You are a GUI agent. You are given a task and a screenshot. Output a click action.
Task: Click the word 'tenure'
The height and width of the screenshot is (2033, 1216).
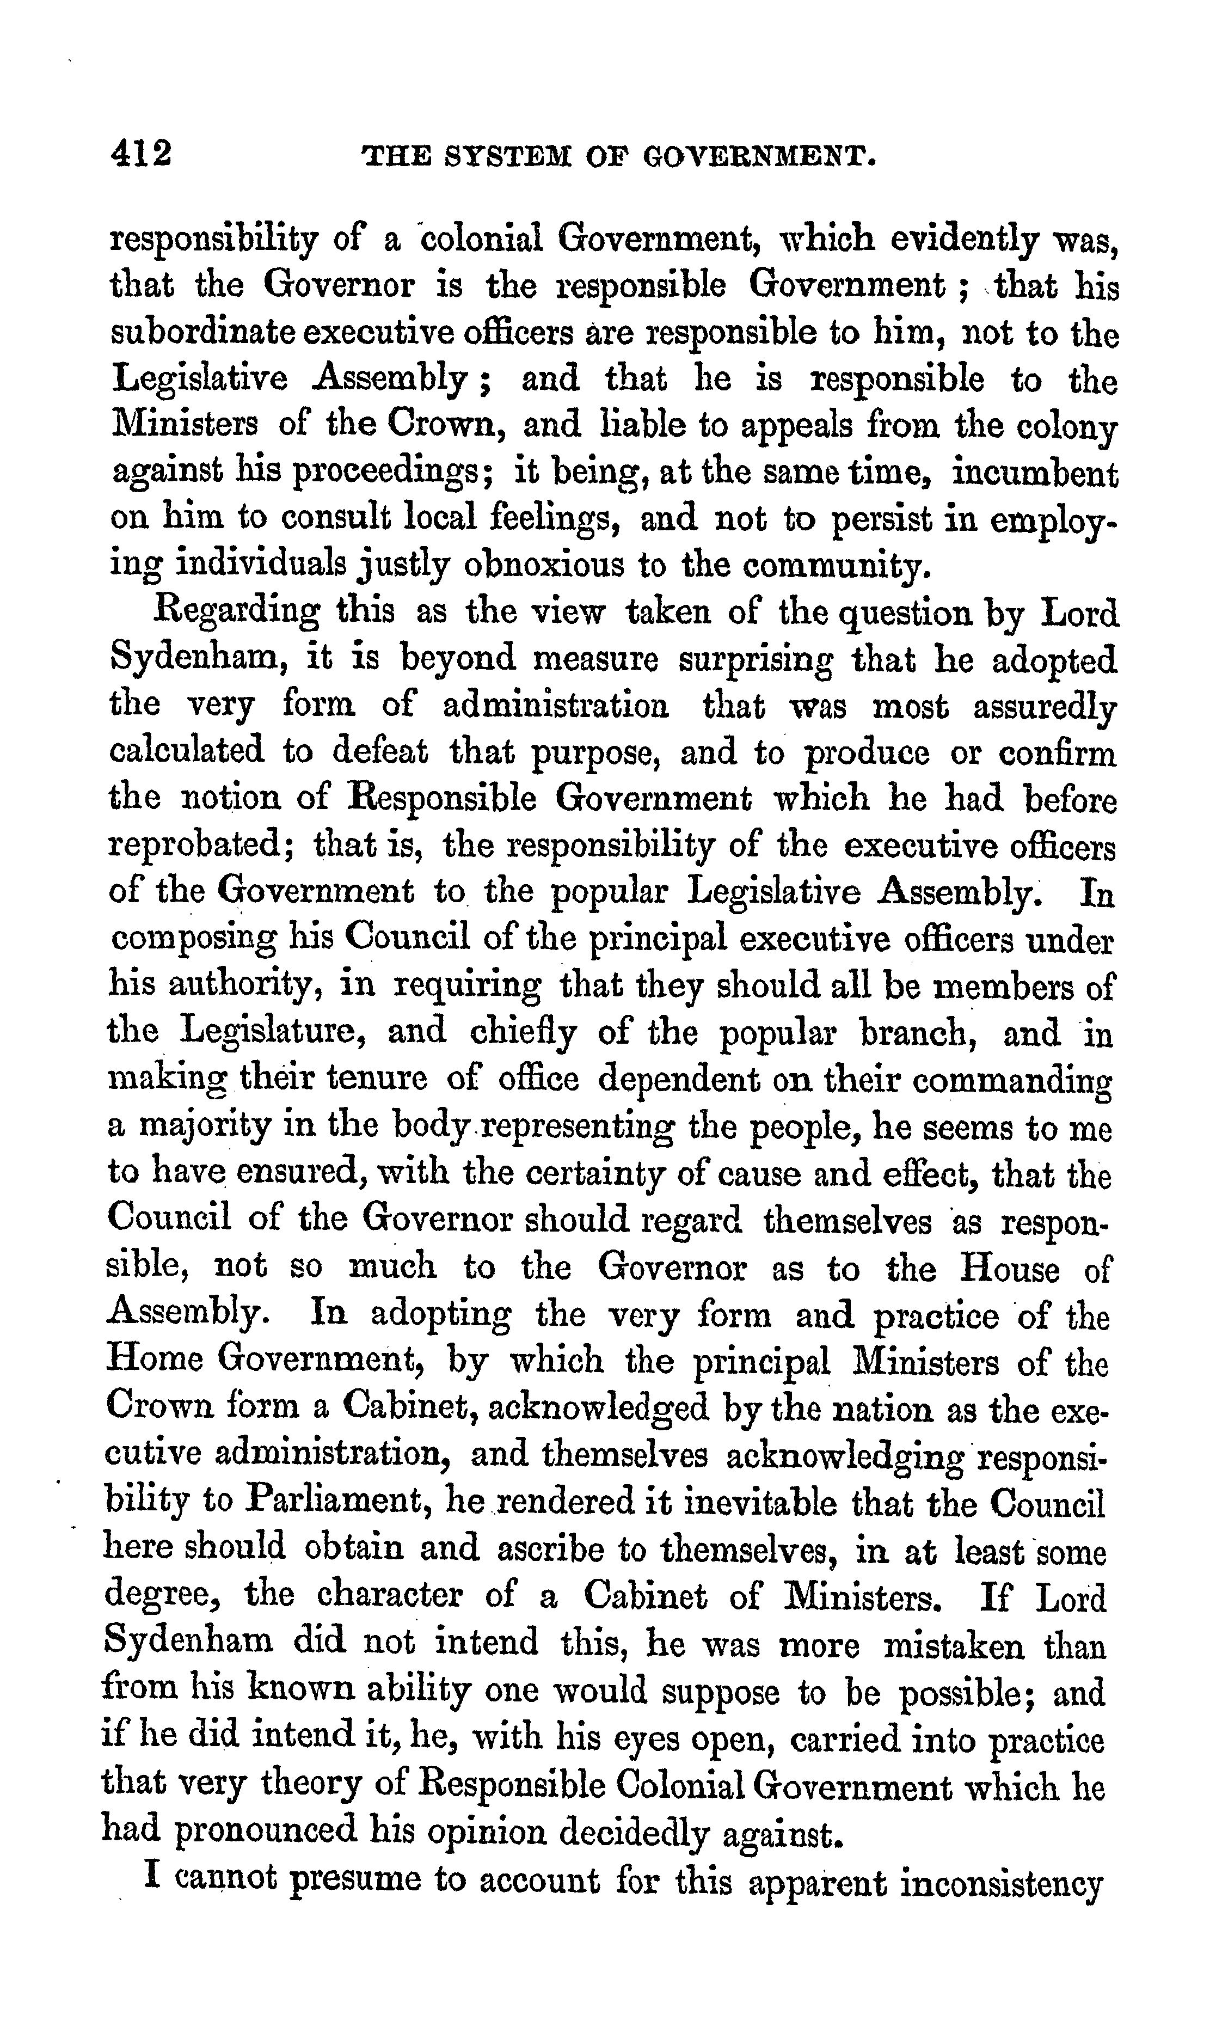click(x=377, y=1079)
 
